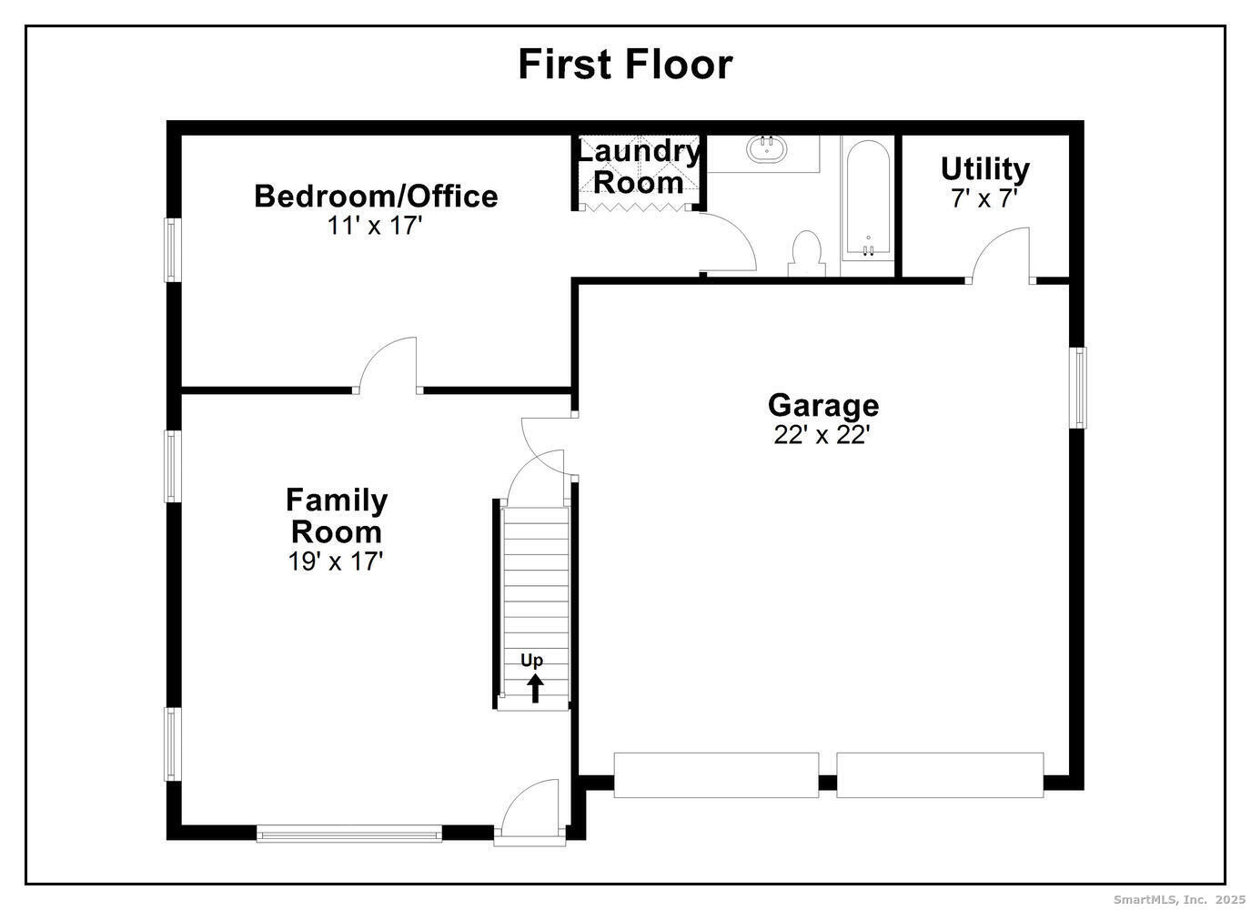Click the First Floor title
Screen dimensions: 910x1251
[x=625, y=65]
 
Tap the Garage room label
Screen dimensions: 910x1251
[x=822, y=405]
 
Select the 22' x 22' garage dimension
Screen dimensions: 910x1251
[x=822, y=435]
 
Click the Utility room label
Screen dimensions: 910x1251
[x=984, y=168]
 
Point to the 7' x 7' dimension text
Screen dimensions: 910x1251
[x=984, y=198]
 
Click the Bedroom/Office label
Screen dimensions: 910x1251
[x=376, y=196]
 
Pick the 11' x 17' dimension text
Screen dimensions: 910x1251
[x=376, y=226]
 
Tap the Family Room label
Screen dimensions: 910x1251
[x=336, y=515]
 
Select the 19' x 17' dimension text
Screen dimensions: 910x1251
[x=336, y=561]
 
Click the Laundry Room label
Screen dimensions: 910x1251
[x=639, y=167]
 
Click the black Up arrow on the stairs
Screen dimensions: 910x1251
[x=534, y=688]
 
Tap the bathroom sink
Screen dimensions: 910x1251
[x=767, y=149]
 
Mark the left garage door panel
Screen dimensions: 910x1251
[x=716, y=775]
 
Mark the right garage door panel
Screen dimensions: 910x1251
[x=940, y=775]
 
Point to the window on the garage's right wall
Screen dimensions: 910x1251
[x=1078, y=387]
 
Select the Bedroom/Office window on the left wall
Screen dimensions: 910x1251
[x=170, y=248]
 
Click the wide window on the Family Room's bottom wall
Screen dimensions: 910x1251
[x=348, y=833]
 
